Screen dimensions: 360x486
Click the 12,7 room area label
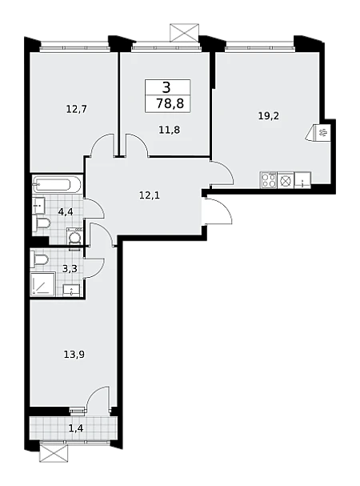[x=77, y=109]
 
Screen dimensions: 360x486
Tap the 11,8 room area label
[x=169, y=130]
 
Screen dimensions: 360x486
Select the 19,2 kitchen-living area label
[x=269, y=116]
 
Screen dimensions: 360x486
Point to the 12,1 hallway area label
[x=150, y=195]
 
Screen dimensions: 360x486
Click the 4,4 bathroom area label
[x=66, y=212]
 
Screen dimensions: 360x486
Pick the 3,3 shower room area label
[x=70, y=268]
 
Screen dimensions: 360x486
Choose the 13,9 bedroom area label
[x=74, y=354]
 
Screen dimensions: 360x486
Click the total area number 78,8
[x=170, y=103]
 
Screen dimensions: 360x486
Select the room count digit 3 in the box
[x=166, y=87]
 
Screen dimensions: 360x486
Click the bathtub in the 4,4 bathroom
[x=57, y=185]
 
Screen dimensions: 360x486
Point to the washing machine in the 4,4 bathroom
[x=75, y=237]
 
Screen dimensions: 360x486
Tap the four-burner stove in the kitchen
[x=269, y=180]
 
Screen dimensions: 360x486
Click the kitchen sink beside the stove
[x=302, y=180]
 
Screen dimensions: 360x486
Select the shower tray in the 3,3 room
[x=43, y=284]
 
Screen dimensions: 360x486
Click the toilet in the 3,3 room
[x=39, y=259]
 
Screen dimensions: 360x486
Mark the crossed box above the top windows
[x=184, y=32]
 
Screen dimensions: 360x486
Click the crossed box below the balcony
[x=54, y=453]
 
